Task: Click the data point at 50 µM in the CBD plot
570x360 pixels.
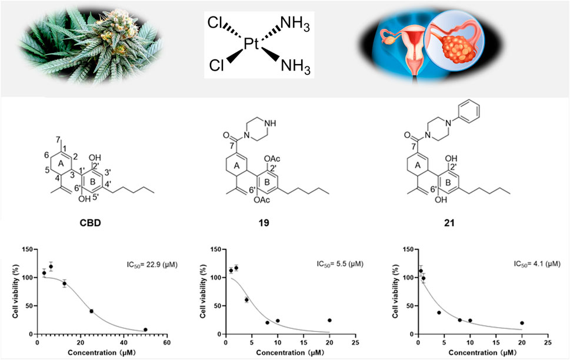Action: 145,329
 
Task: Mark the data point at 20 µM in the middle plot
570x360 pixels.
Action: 329,321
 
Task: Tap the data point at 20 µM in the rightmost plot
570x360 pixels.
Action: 522,323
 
